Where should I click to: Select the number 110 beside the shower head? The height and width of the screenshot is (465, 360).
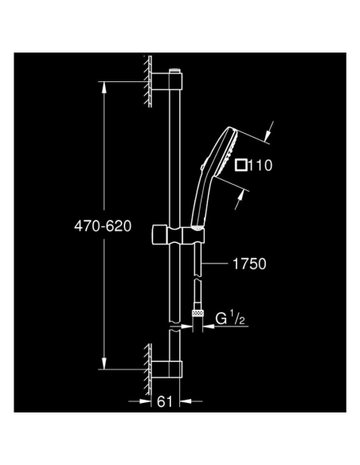coord(264,166)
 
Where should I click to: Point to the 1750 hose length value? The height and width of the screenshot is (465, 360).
coord(248,261)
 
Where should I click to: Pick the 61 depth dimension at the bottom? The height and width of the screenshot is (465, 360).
coord(164,403)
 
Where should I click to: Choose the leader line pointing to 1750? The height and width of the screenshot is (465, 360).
coord(217,261)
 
